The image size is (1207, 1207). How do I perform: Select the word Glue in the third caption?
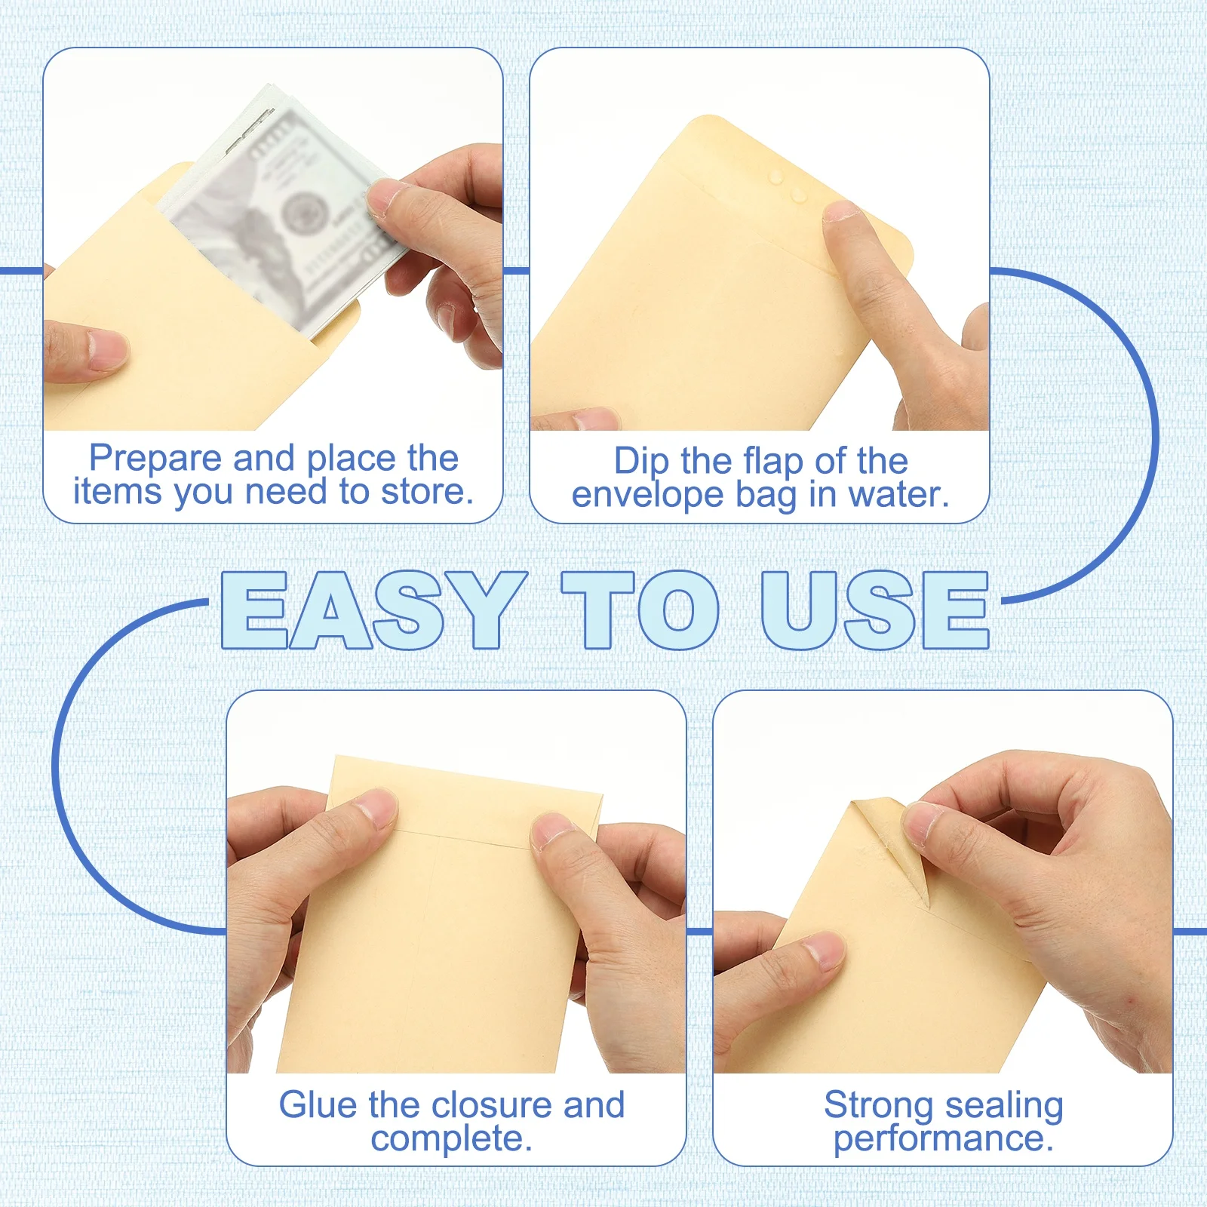[x=317, y=1105]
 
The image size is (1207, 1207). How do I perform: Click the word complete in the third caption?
[x=451, y=1138]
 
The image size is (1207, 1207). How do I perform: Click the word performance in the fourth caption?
[x=943, y=1138]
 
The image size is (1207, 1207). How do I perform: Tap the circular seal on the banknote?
[x=304, y=210]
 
